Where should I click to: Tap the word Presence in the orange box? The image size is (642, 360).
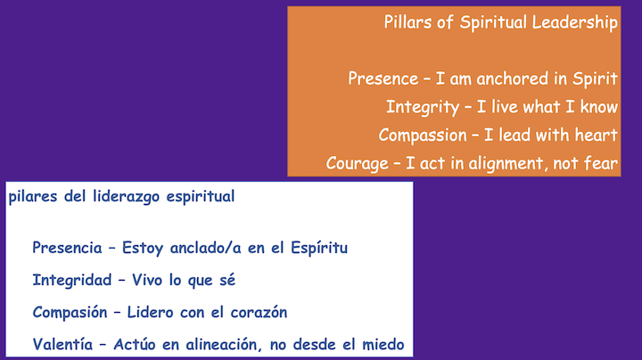click(383, 78)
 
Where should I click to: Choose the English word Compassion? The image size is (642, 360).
click(423, 135)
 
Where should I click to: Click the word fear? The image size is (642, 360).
click(601, 164)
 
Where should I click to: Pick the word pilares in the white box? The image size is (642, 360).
click(34, 196)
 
